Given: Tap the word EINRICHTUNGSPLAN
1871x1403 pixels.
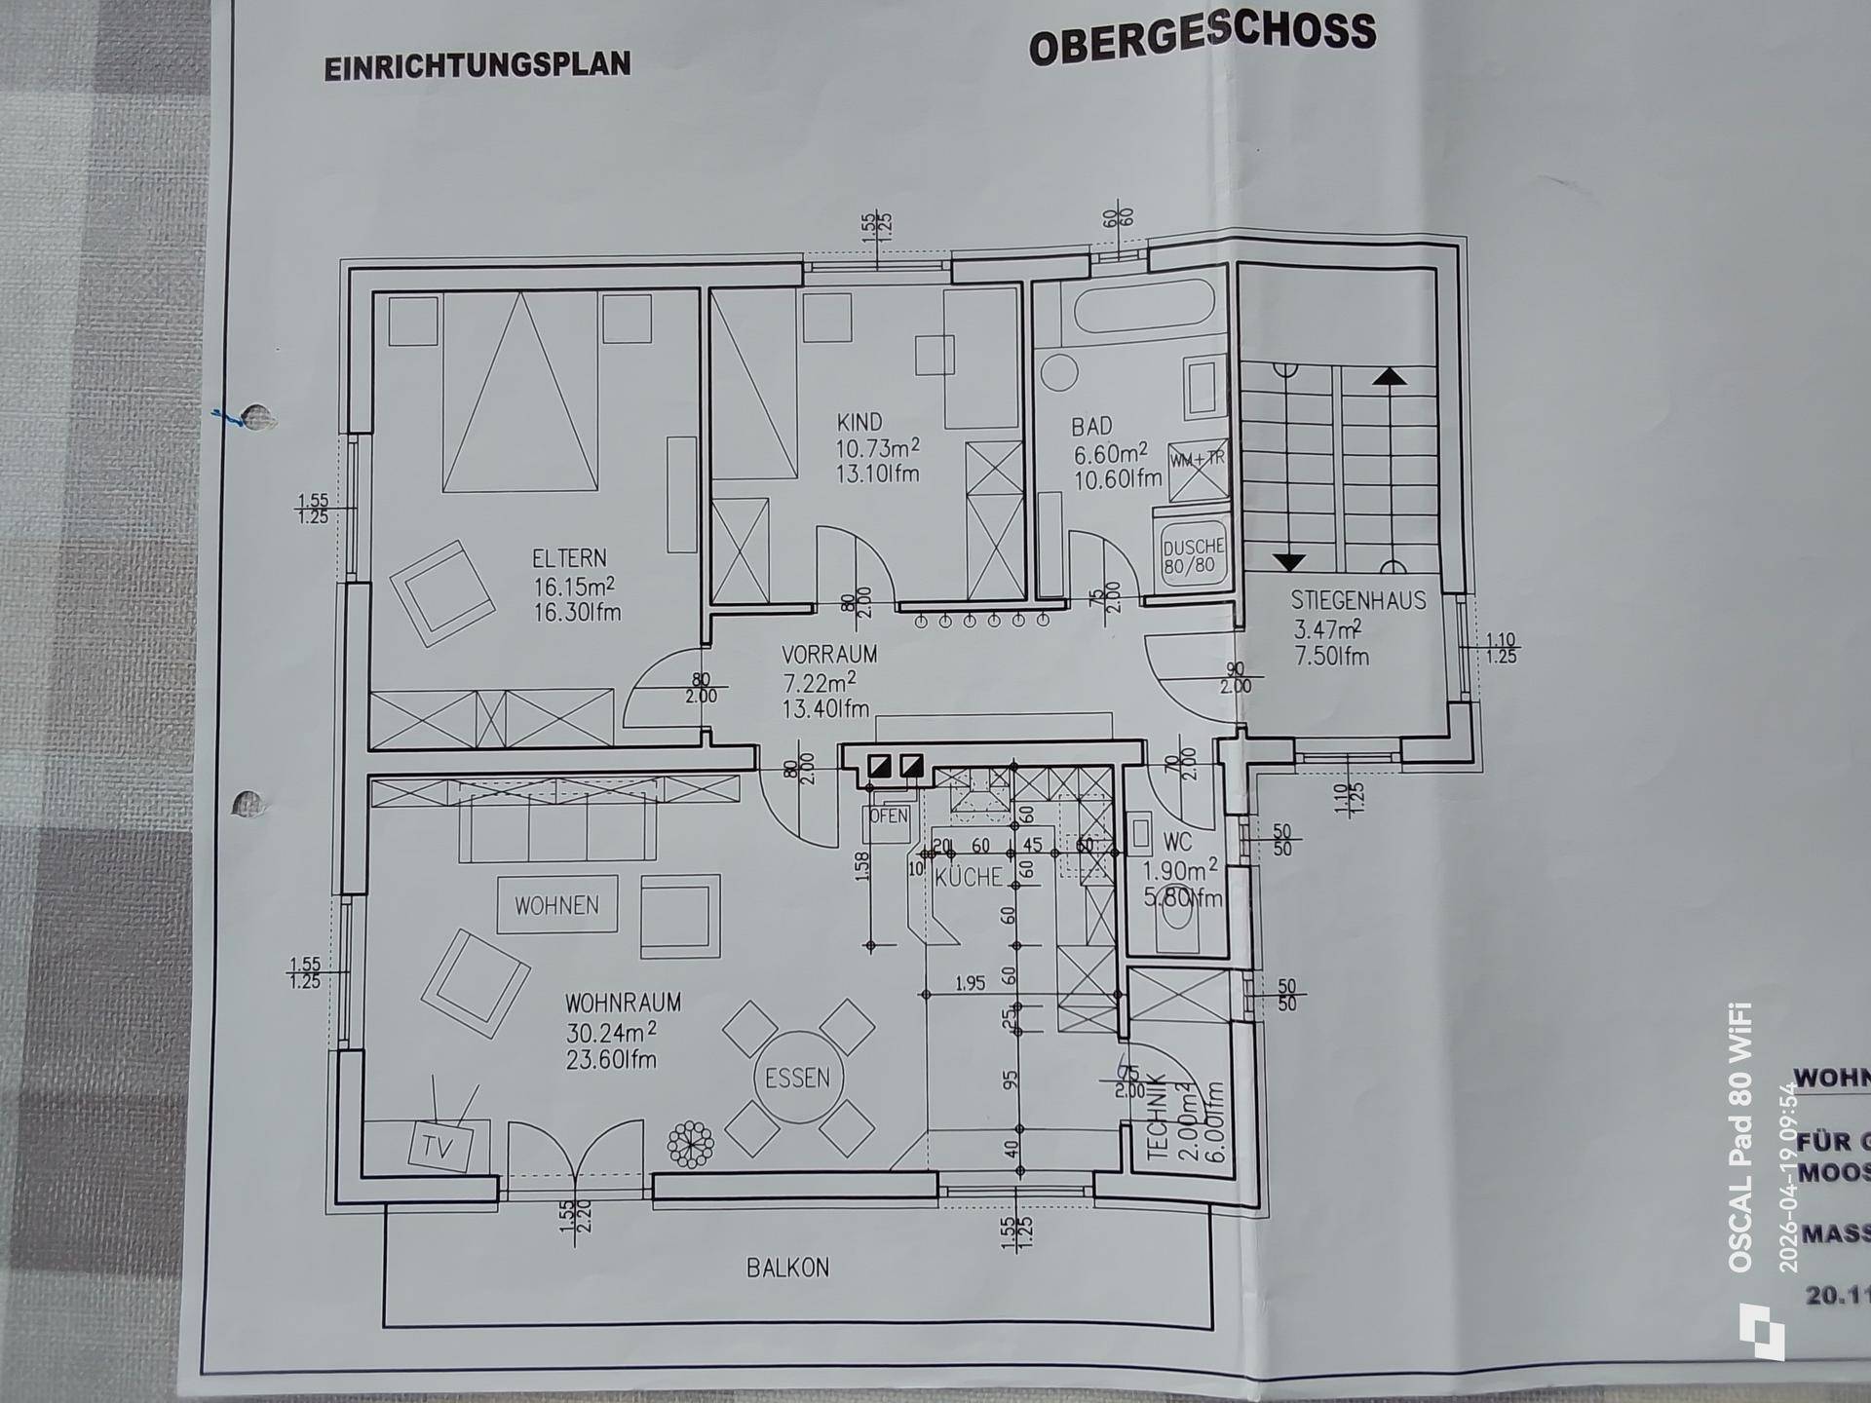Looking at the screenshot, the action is click(x=477, y=65).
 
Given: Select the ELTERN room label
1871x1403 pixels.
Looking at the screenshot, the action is click(x=569, y=558).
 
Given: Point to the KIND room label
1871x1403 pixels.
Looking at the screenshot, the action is click(x=859, y=422).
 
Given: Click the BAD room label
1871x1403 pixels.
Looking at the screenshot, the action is click(x=1091, y=427).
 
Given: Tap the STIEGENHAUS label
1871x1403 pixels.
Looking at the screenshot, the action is click(x=1357, y=600).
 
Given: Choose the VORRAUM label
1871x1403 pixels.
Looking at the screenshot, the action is click(x=829, y=655).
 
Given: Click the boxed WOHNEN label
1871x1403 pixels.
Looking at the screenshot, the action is click(x=556, y=905).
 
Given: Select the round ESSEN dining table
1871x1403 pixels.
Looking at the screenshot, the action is click(x=797, y=1078).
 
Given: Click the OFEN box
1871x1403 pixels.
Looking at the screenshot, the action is click(x=888, y=816).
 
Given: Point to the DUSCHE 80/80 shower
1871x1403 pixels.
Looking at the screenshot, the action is click(x=1192, y=555).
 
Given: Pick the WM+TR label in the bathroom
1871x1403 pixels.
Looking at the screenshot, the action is click(x=1197, y=459).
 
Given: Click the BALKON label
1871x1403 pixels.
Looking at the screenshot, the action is click(x=787, y=1268).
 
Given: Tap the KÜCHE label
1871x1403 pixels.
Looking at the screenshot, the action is click(x=968, y=877).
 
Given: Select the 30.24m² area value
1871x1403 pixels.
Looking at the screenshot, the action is click(x=611, y=1032).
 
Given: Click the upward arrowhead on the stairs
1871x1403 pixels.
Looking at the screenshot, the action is click(x=1389, y=375).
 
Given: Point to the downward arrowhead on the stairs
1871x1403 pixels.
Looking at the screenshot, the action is click(x=1288, y=562).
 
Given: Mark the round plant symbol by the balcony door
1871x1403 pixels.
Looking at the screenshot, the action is click(x=690, y=1143).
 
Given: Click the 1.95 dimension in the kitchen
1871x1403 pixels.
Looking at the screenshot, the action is click(x=970, y=983).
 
